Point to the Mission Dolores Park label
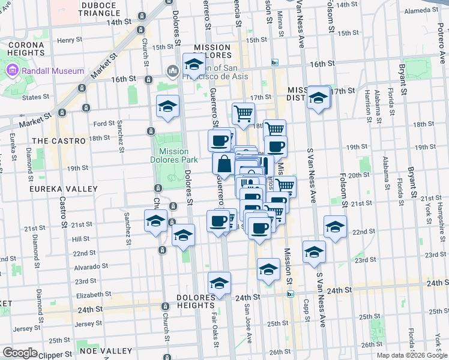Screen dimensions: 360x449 pyautogui.click(x=174, y=156)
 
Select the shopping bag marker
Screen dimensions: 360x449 pyautogui.click(x=223, y=164)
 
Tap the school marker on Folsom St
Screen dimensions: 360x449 pyautogui.click(x=335, y=227)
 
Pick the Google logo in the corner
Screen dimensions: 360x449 pyautogui.click(x=20, y=353)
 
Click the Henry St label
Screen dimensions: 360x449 pyautogui.click(x=69, y=40)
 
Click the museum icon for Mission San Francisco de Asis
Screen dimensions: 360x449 pyautogui.click(x=173, y=72)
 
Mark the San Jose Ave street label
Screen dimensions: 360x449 pyautogui.click(x=247, y=323)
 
